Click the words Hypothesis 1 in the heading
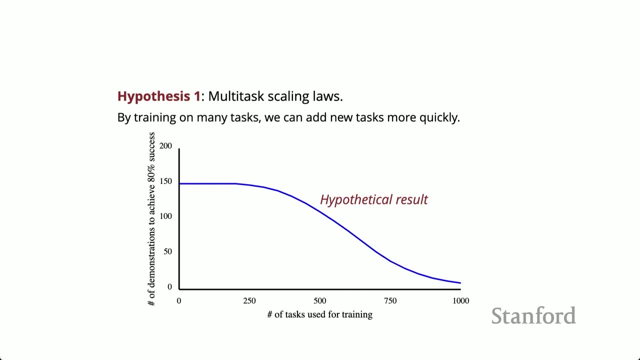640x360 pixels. click(158, 96)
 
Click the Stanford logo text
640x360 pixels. click(533, 316)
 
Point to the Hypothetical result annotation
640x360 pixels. click(374, 199)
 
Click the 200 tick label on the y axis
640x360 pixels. click(165, 146)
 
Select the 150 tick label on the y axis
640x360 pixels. click(165, 181)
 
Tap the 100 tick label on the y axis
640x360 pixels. click(165, 216)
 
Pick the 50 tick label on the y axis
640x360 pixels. click(167, 251)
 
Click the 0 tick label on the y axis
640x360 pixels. click(169, 287)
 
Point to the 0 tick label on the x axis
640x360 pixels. click(179, 301)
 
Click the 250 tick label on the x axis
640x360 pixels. click(249, 301)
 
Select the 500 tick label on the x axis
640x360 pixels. click(320, 301)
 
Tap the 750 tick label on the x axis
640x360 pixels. click(390, 301)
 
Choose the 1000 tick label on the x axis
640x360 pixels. click(460, 301)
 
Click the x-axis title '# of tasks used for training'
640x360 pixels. click(320, 314)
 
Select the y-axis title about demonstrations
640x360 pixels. click(151, 219)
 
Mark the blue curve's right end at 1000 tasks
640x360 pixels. click(460, 283)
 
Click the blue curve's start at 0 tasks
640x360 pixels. click(180, 184)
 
